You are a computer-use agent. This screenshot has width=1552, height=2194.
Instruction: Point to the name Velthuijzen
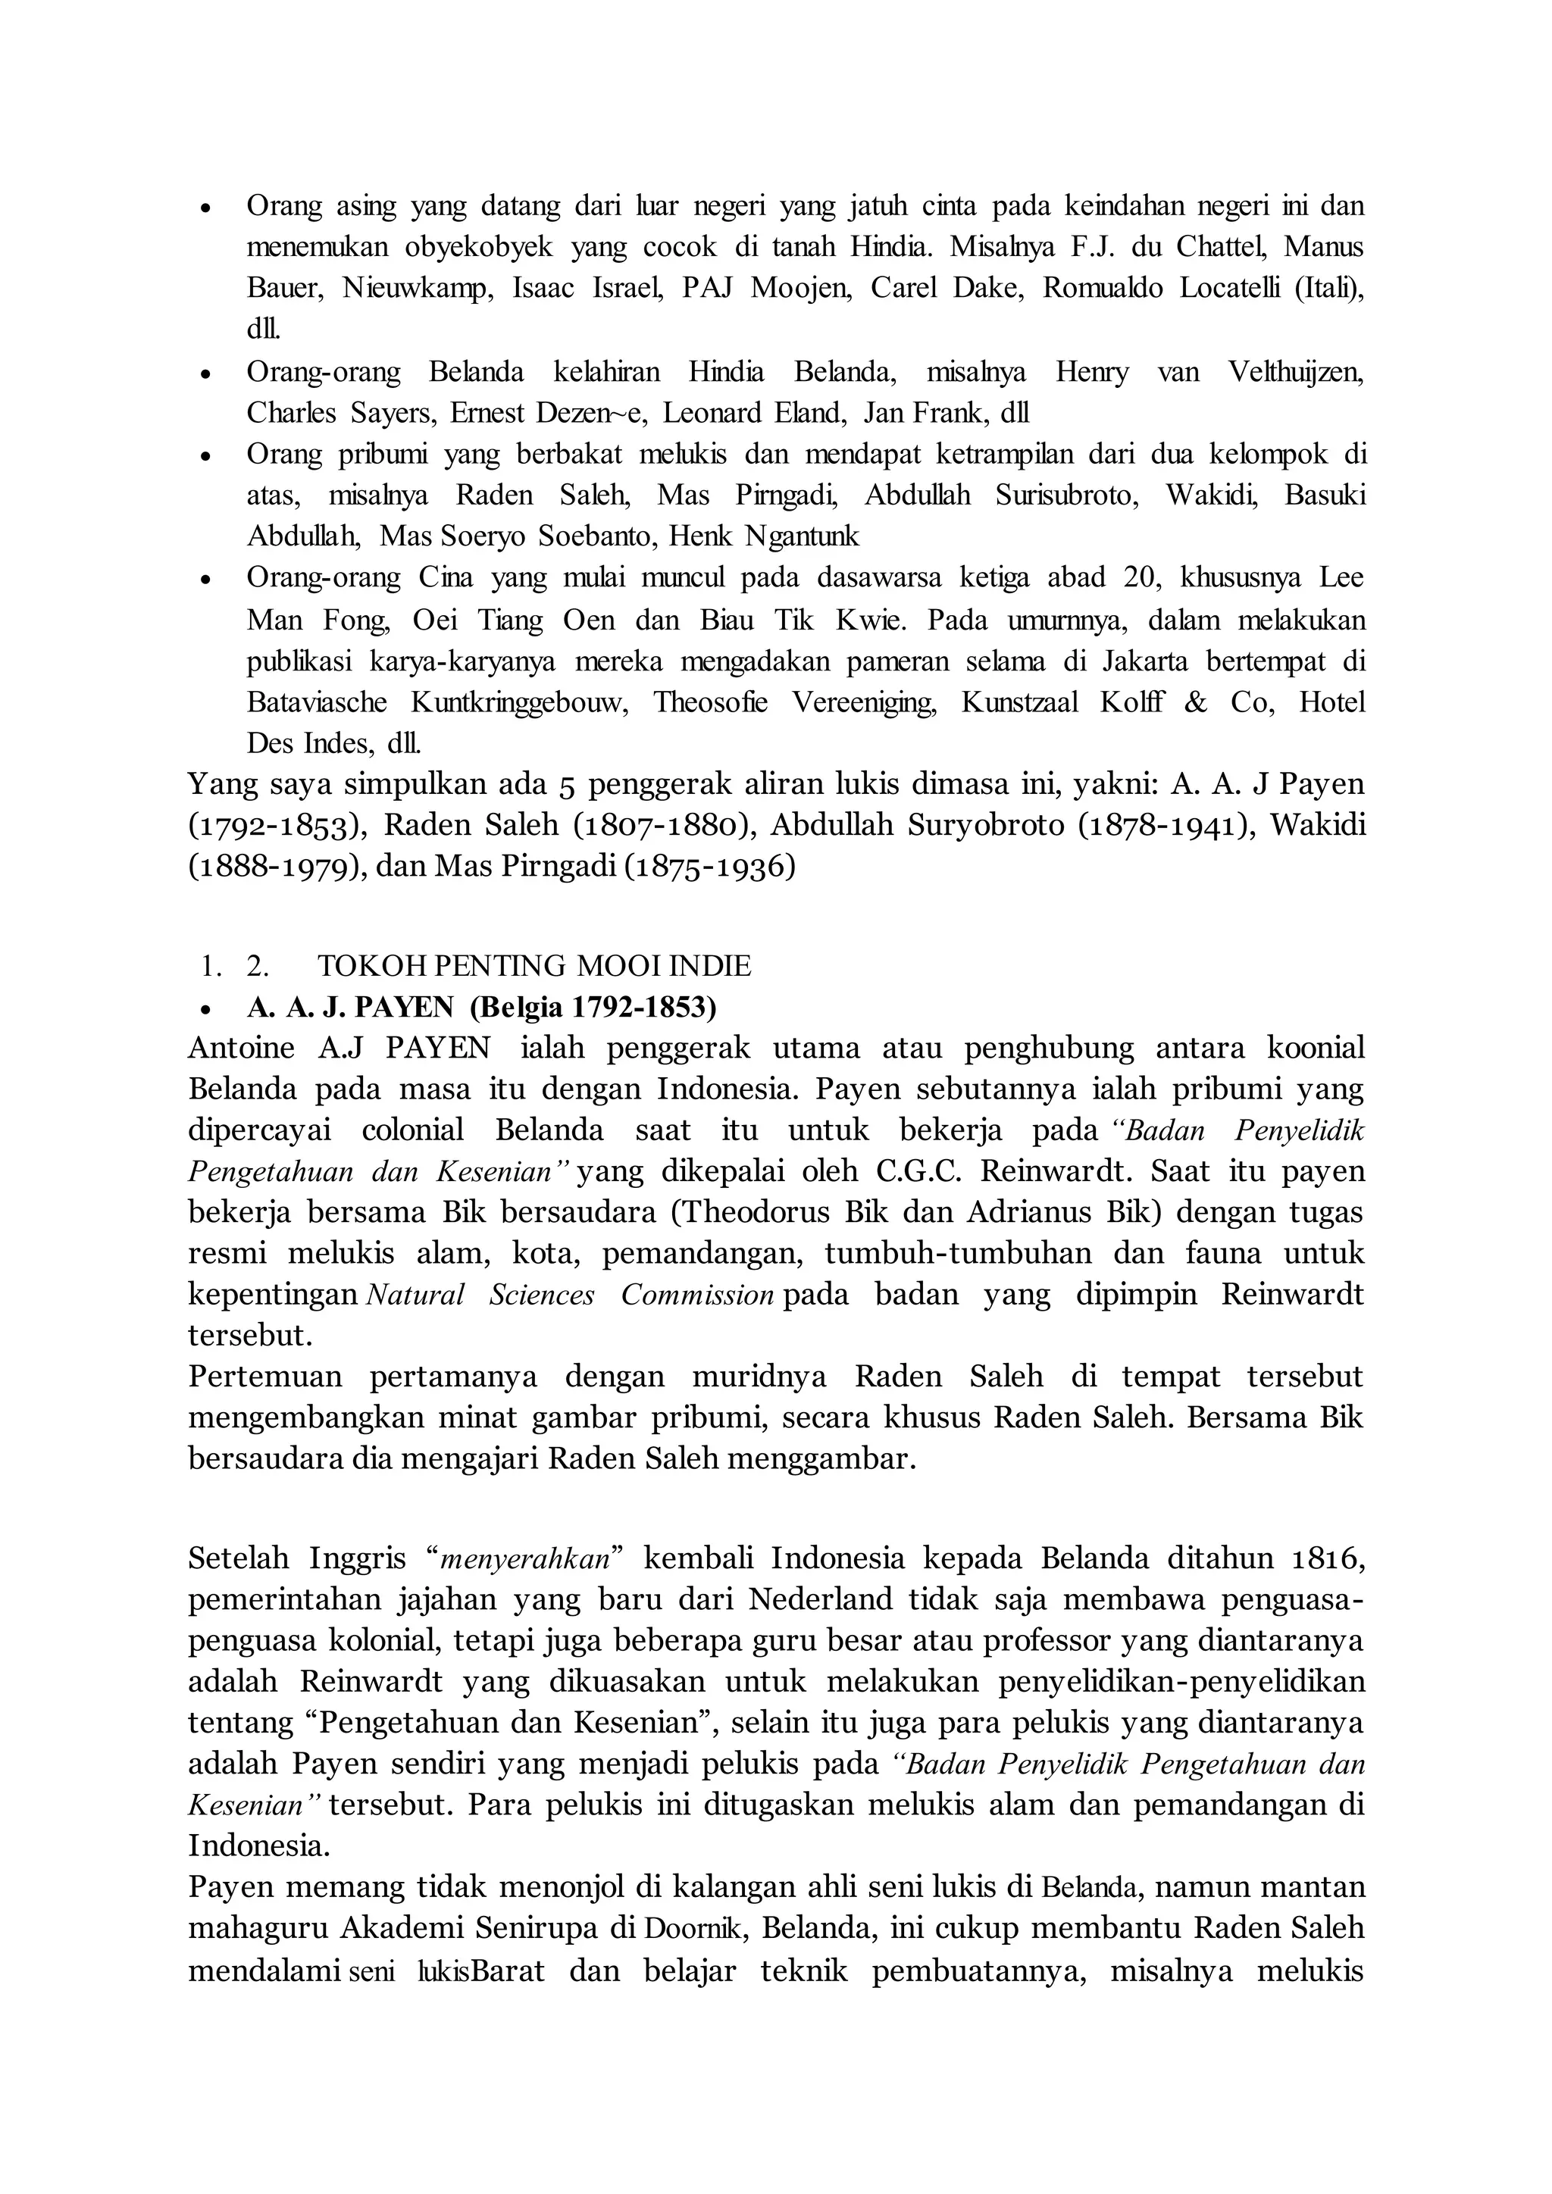point(1296,372)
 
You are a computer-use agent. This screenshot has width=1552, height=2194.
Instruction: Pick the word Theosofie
point(710,702)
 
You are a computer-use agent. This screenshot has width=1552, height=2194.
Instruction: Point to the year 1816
point(1325,1558)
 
